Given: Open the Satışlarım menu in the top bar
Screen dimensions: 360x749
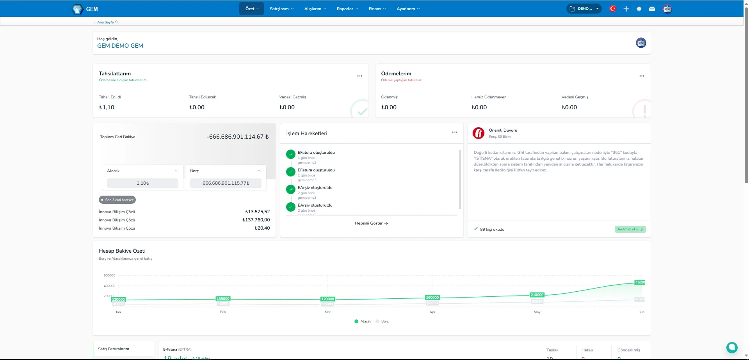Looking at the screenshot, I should pyautogui.click(x=281, y=9).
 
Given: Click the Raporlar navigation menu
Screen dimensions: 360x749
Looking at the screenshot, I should pyautogui.click(x=347, y=9).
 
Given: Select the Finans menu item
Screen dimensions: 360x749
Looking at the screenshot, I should pyautogui.click(x=377, y=9).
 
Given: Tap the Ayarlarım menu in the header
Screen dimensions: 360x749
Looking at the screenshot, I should pyautogui.click(x=408, y=9).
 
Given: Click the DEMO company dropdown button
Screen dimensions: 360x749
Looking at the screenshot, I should pyautogui.click(x=584, y=9).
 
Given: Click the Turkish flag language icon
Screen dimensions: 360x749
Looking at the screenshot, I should pyautogui.click(x=613, y=9).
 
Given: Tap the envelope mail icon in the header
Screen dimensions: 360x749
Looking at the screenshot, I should pyautogui.click(x=652, y=9).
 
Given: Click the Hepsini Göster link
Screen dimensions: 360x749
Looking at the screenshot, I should pyautogui.click(x=371, y=223).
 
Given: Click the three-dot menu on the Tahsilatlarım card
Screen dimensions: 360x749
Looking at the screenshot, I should pyautogui.click(x=359, y=76).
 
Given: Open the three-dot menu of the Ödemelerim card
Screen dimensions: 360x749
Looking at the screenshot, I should pyautogui.click(x=642, y=76).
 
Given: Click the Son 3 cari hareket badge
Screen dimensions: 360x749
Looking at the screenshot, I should pyautogui.click(x=117, y=200).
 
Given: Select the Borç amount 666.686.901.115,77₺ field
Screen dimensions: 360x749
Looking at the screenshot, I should pyautogui.click(x=226, y=183).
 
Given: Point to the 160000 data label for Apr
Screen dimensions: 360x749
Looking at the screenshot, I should pyautogui.click(x=432, y=298).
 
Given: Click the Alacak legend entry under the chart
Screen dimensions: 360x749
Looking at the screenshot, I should pyautogui.click(x=363, y=321).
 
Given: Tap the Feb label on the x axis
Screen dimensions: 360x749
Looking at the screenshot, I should pyautogui.click(x=223, y=312).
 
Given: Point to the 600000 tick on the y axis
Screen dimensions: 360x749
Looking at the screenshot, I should pyautogui.click(x=109, y=275).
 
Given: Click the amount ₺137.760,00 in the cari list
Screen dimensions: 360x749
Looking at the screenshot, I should pyautogui.click(x=256, y=220).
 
